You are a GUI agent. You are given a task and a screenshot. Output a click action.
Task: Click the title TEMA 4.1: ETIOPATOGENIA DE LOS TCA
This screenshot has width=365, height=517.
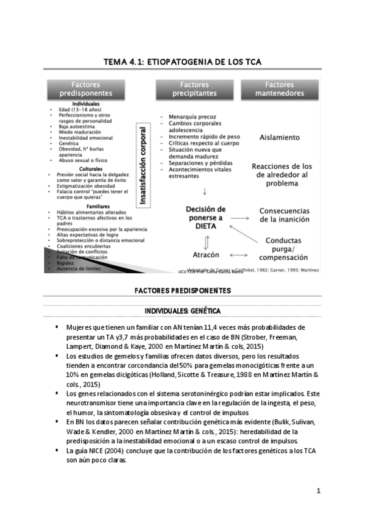click(x=182, y=62)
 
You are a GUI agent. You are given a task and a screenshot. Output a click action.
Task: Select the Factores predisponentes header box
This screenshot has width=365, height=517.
click(x=90, y=89)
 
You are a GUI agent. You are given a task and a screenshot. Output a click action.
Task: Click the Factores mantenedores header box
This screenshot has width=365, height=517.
click(x=280, y=89)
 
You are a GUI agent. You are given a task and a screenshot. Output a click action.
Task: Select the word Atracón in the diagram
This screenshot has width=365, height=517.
click(x=206, y=255)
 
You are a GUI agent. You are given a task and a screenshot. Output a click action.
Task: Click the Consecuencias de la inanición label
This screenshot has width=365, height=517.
click(x=285, y=215)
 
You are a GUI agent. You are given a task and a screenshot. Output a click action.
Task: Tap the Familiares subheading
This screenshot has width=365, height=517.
click(x=90, y=207)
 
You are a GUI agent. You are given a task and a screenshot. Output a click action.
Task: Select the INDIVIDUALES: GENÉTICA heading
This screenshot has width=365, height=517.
click(x=182, y=311)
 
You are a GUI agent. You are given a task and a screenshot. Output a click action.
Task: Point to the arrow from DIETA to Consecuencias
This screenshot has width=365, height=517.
click(x=239, y=218)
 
